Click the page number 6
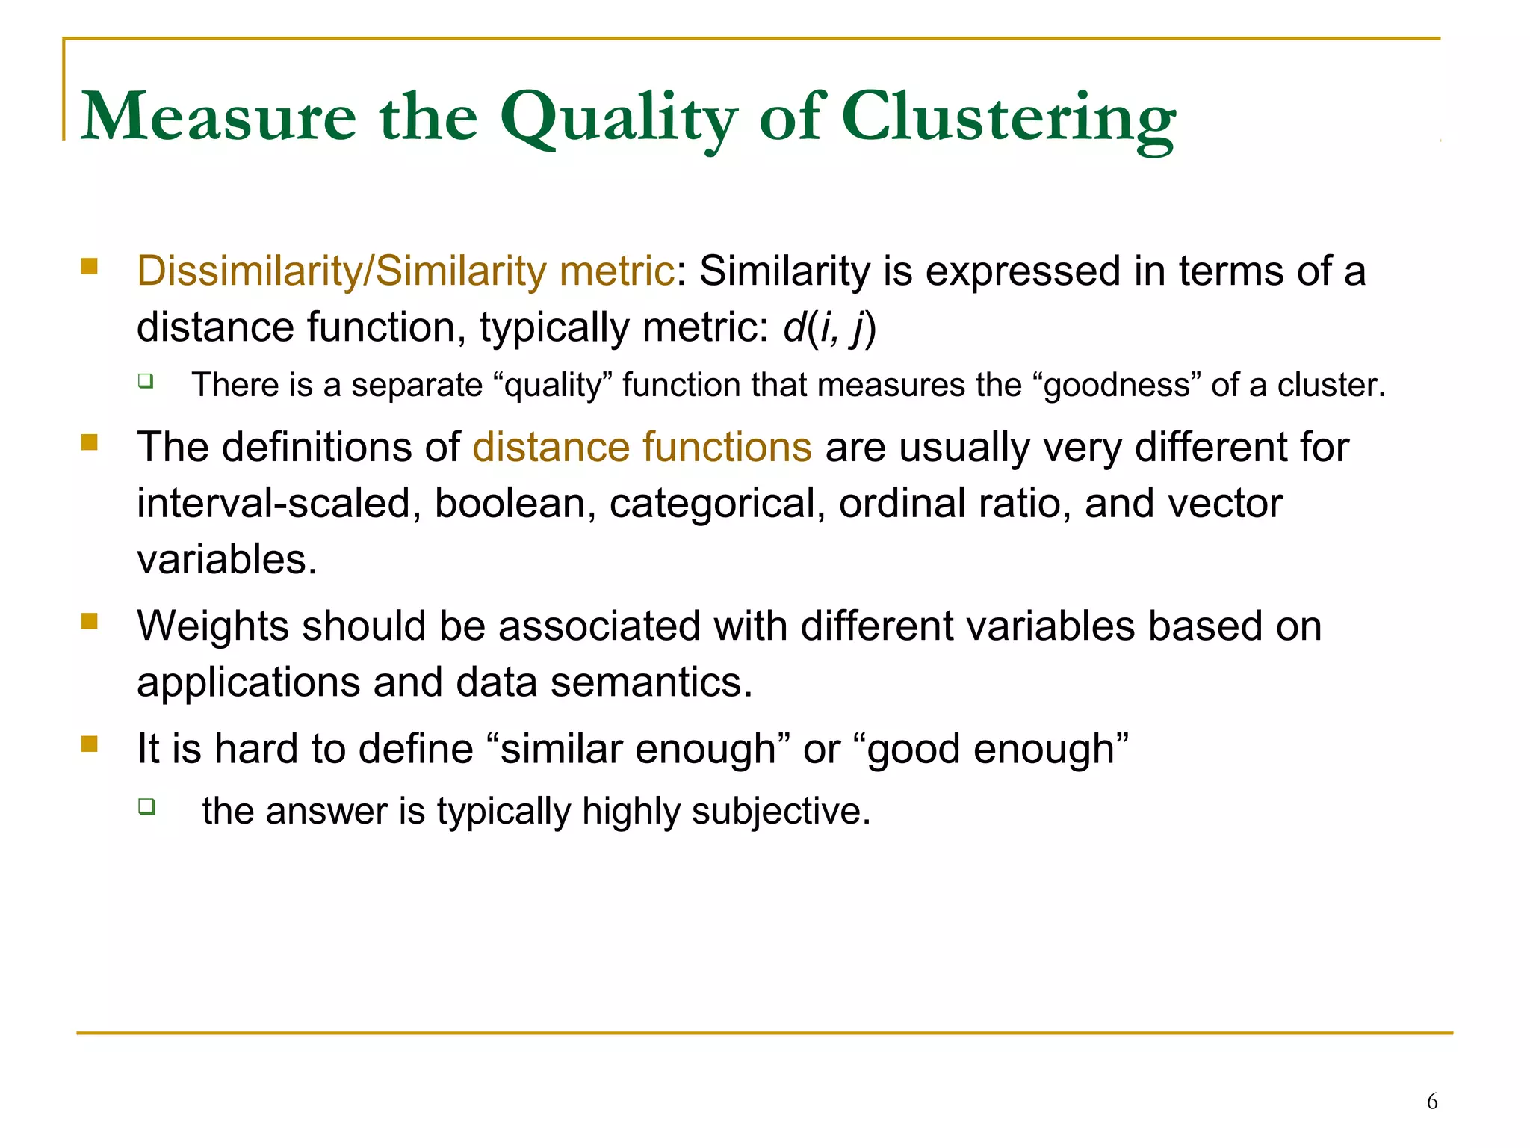tap(1431, 1101)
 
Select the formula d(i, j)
tap(829, 327)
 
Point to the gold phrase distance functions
tap(642, 447)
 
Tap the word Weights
tap(212, 626)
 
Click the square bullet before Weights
tap(90, 622)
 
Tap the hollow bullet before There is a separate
tap(146, 381)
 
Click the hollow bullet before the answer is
tap(146, 806)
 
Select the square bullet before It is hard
tap(90, 744)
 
